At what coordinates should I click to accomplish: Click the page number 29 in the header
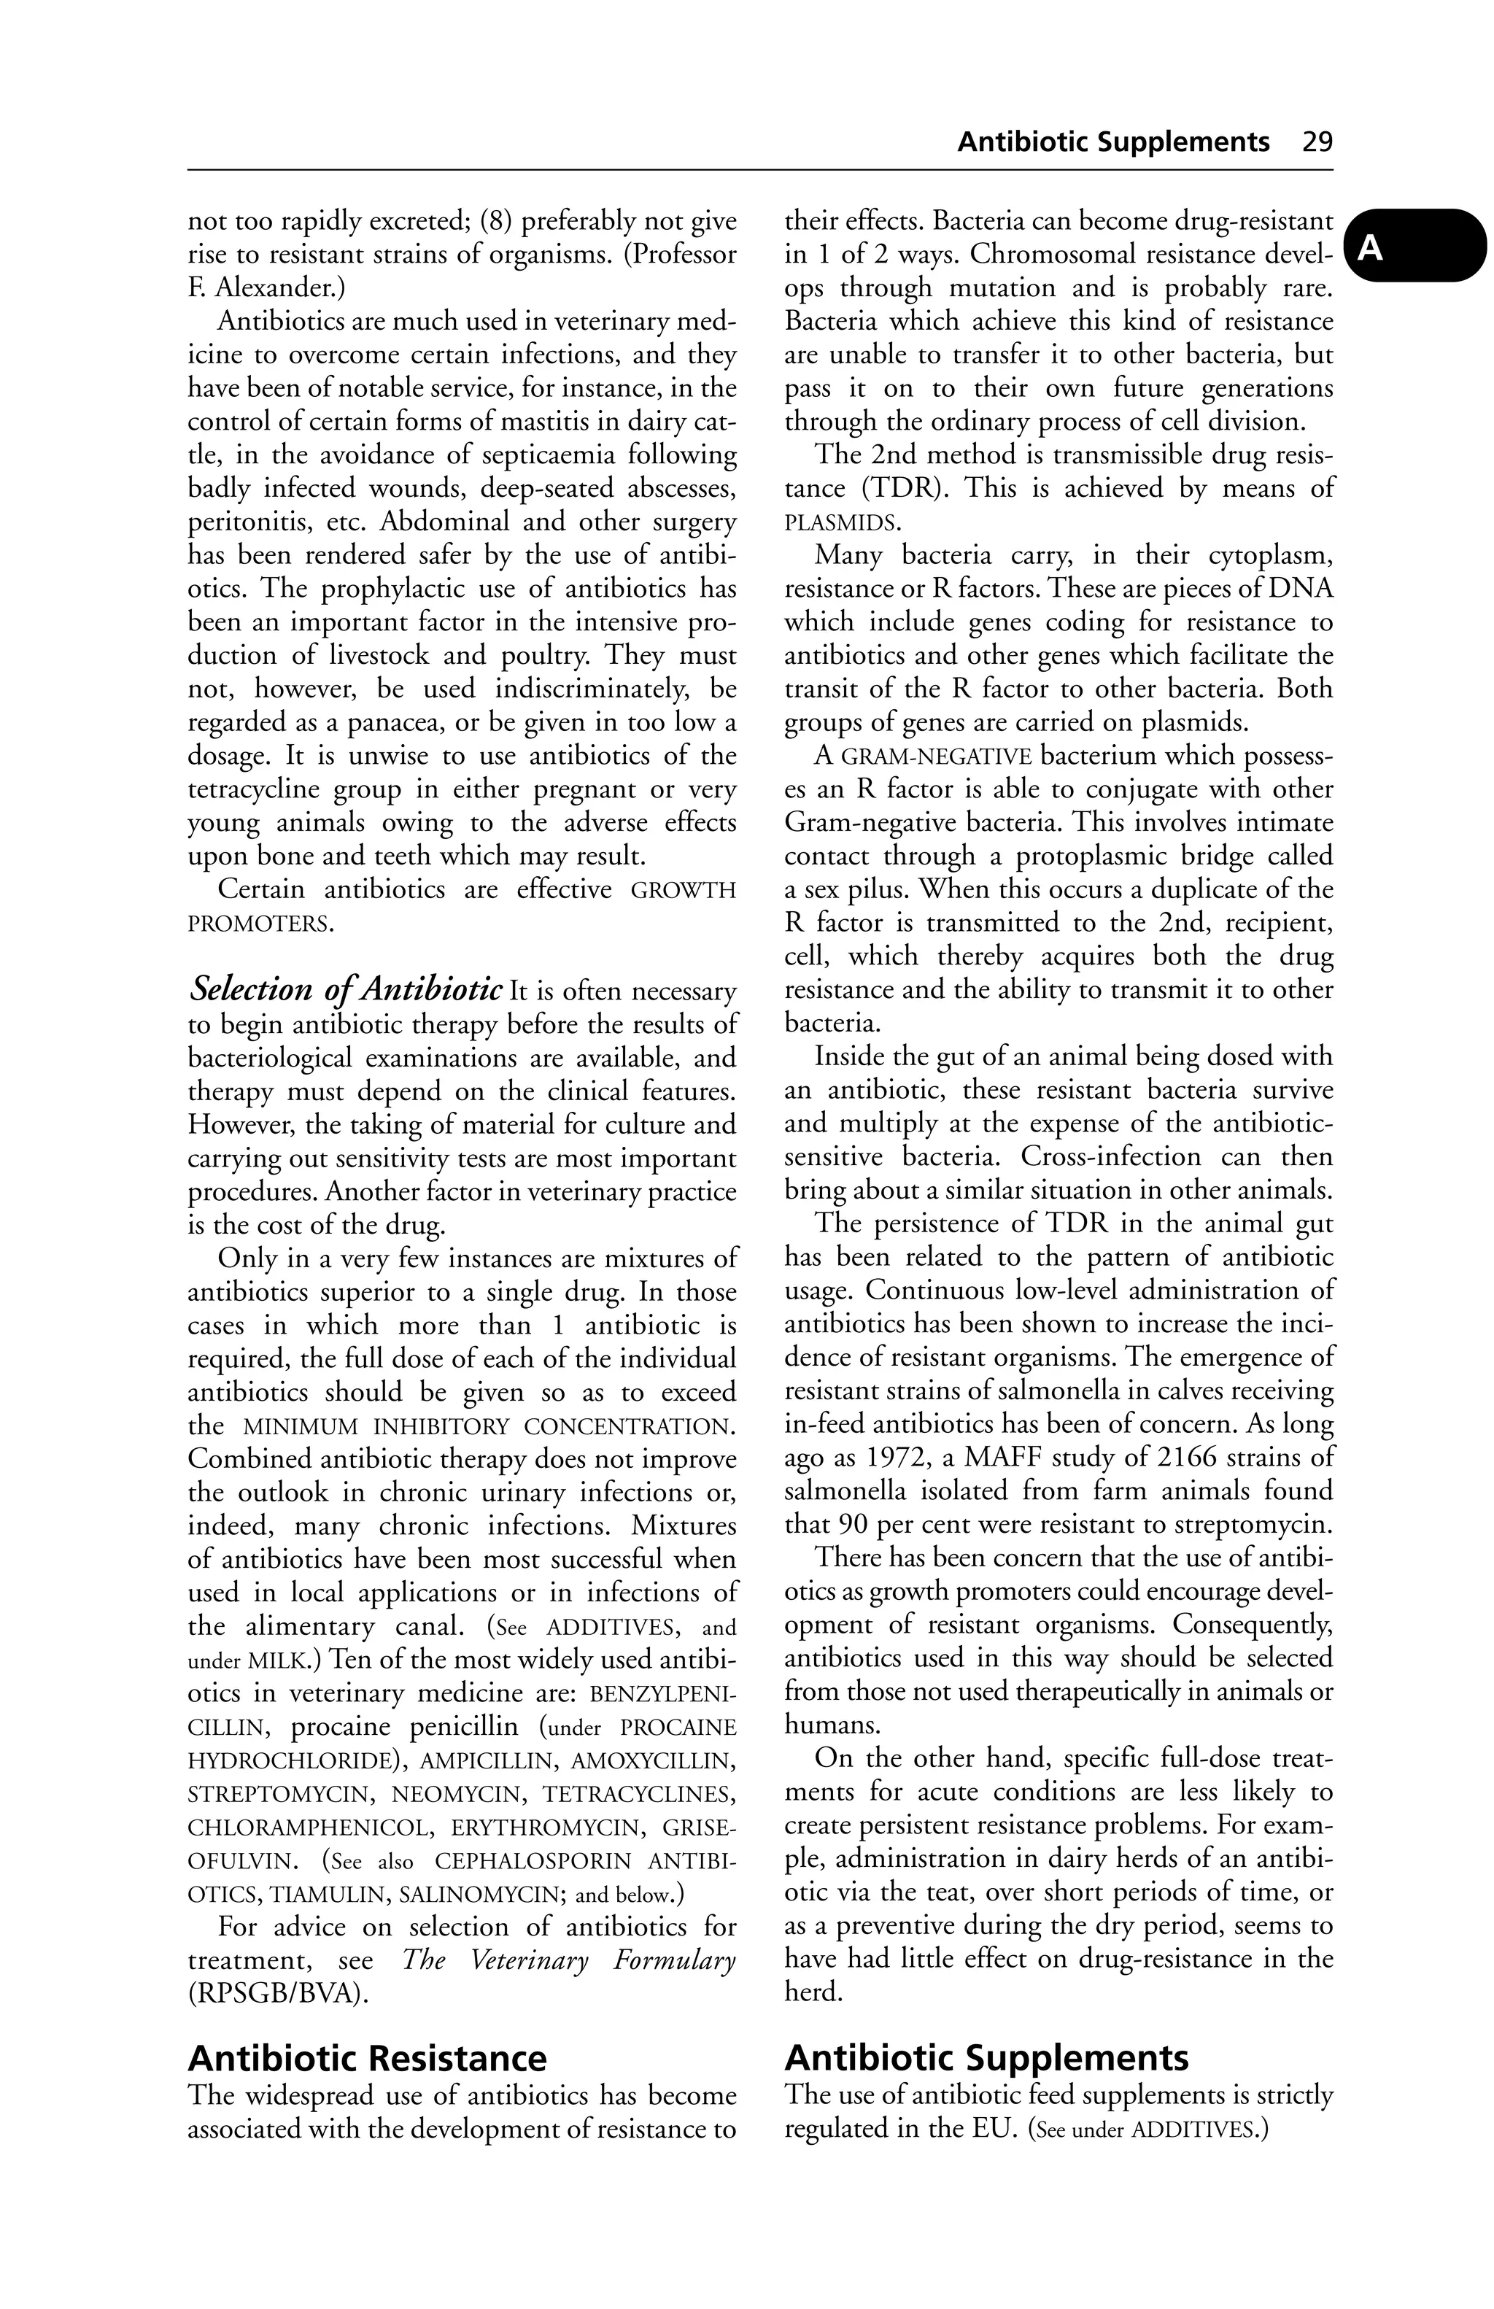[1317, 142]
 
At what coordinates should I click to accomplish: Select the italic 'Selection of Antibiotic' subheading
[345, 989]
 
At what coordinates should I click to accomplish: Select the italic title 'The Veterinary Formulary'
[568, 1960]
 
